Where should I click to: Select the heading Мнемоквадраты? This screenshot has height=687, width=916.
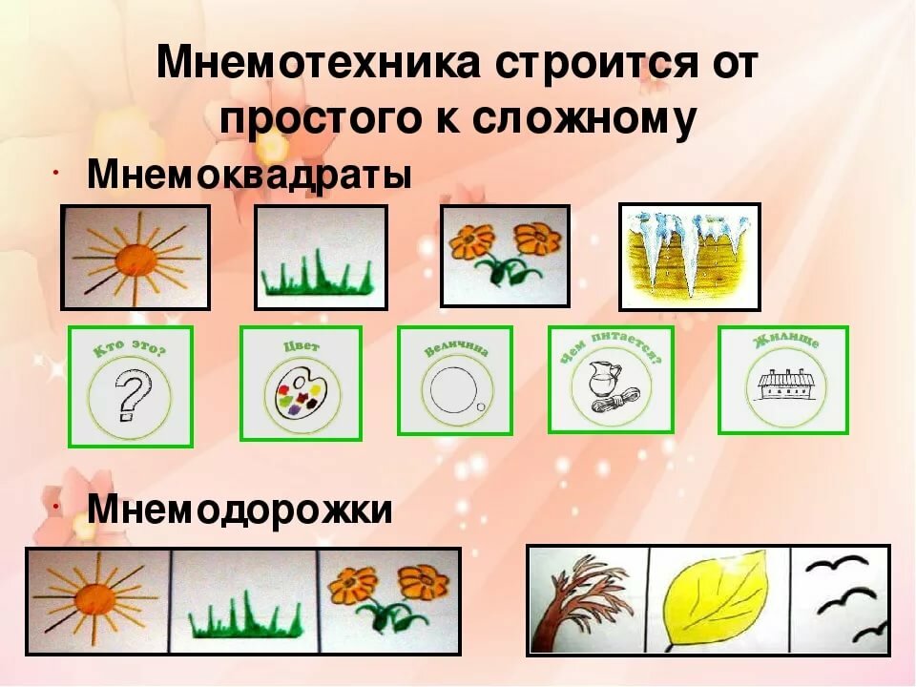coord(250,176)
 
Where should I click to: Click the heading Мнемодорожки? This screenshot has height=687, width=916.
coord(239,510)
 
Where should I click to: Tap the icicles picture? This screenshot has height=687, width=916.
coord(689,256)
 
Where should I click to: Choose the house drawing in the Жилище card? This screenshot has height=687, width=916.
coord(781,385)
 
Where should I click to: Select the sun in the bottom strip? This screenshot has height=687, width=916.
coord(95,600)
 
